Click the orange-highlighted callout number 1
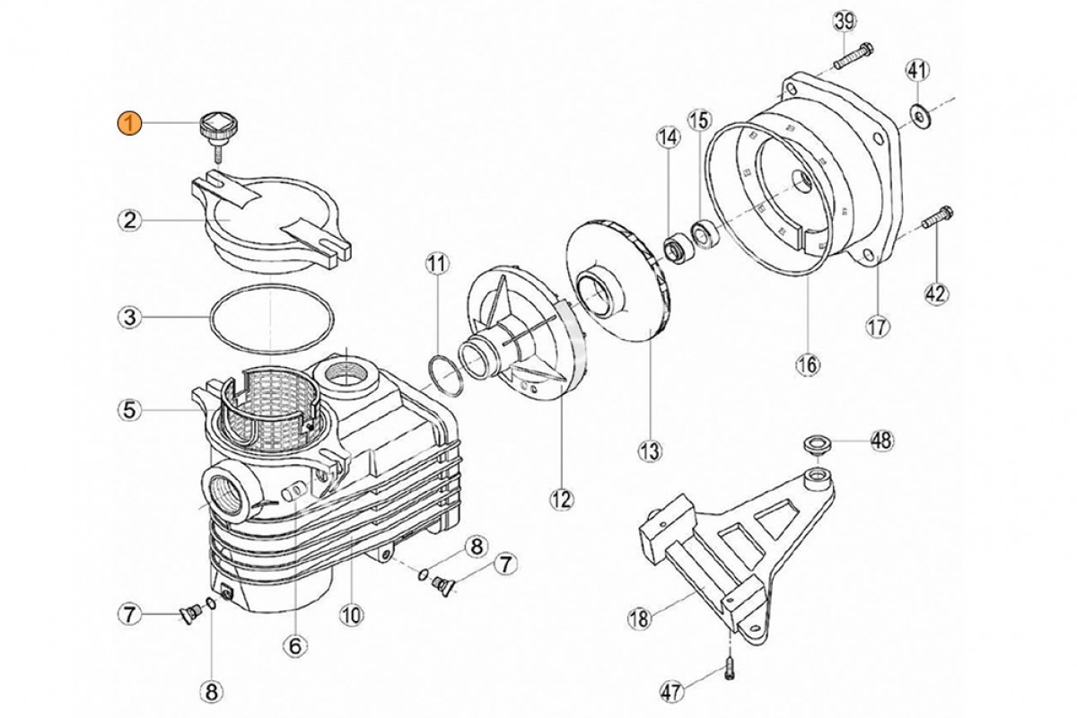[130, 124]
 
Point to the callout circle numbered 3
[130, 317]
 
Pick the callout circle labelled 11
[435, 264]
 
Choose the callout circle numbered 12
[563, 499]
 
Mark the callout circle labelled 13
[649, 448]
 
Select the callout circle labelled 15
[699, 120]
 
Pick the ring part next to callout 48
[817, 442]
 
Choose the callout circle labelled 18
[638, 617]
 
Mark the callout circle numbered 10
[350, 615]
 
